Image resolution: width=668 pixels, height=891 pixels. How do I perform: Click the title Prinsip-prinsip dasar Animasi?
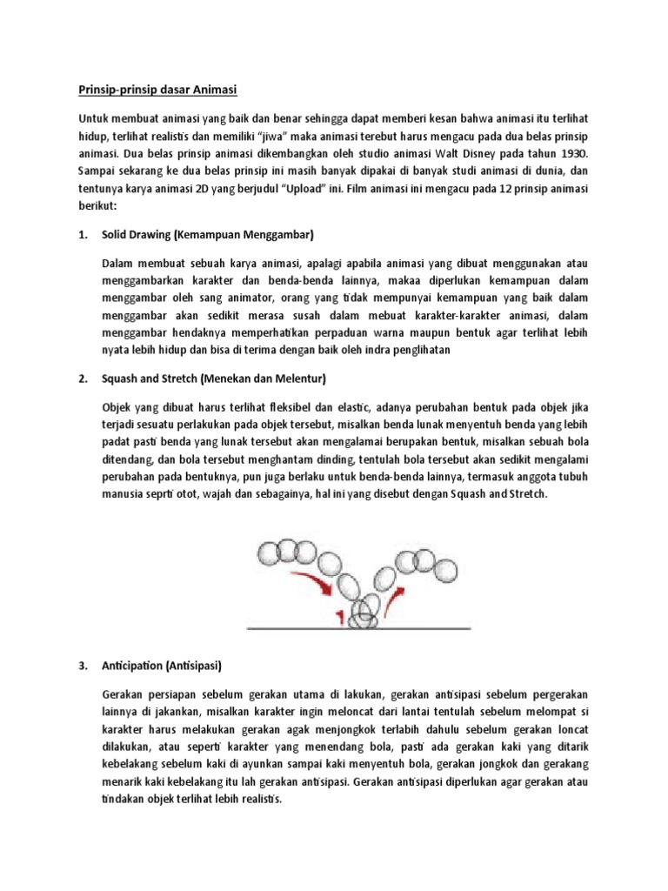coord(156,90)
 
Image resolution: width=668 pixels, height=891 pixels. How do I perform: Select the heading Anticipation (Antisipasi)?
coord(163,667)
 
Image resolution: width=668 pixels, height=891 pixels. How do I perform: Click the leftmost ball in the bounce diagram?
coord(266,553)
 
